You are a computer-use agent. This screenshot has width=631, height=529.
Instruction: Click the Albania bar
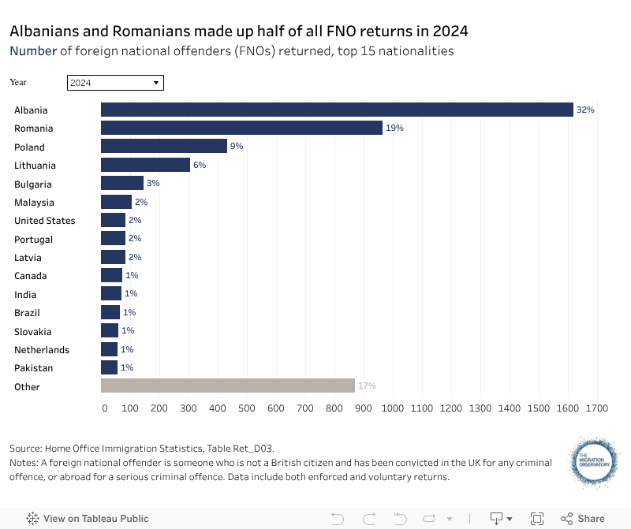pyautogui.click(x=337, y=110)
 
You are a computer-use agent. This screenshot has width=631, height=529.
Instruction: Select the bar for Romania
pyautogui.click(x=241, y=128)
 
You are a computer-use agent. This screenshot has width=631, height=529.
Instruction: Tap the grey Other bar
pyautogui.click(x=228, y=386)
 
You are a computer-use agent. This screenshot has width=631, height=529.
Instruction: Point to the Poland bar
pyautogui.click(x=164, y=147)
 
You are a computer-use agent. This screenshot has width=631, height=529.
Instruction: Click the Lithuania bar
pyautogui.click(x=145, y=165)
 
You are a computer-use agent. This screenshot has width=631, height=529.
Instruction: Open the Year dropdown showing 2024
pyautogui.click(x=115, y=82)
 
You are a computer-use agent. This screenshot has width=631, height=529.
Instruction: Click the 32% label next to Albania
pyautogui.click(x=585, y=110)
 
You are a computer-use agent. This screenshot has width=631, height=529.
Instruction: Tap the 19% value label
pyautogui.click(x=394, y=128)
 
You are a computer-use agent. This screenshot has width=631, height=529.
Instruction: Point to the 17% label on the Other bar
pyautogui.click(x=367, y=386)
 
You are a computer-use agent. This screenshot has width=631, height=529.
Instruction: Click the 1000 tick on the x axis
pyautogui.click(x=392, y=408)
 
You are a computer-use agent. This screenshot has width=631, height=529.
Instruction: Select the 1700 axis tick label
pyautogui.click(x=596, y=408)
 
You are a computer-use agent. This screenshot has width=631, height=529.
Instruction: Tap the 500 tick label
pyautogui.click(x=246, y=408)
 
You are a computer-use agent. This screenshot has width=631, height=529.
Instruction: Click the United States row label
pyautogui.click(x=45, y=221)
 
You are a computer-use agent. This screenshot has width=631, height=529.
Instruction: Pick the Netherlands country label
pyautogui.click(x=42, y=349)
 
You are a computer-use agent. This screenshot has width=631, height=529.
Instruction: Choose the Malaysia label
pyautogui.click(x=34, y=202)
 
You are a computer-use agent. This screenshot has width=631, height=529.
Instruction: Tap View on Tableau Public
pyautogui.click(x=88, y=518)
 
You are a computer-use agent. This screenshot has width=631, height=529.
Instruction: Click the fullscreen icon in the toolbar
pyautogui.click(x=537, y=518)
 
